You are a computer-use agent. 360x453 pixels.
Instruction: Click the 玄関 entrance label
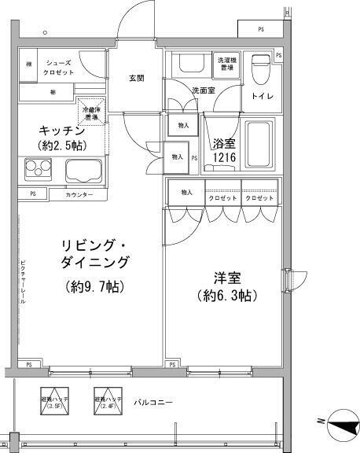click(x=135, y=78)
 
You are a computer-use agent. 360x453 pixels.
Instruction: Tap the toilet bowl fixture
click(x=259, y=69)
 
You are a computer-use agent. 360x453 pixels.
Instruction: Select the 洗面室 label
click(x=203, y=90)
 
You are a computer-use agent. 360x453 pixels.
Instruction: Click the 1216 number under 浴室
click(x=225, y=157)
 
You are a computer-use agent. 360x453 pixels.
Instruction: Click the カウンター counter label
click(x=79, y=194)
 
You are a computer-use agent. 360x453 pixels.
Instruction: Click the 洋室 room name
click(x=226, y=278)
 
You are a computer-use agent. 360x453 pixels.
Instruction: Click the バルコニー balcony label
click(x=152, y=403)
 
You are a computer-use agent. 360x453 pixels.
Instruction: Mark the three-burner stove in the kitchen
click(x=38, y=168)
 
